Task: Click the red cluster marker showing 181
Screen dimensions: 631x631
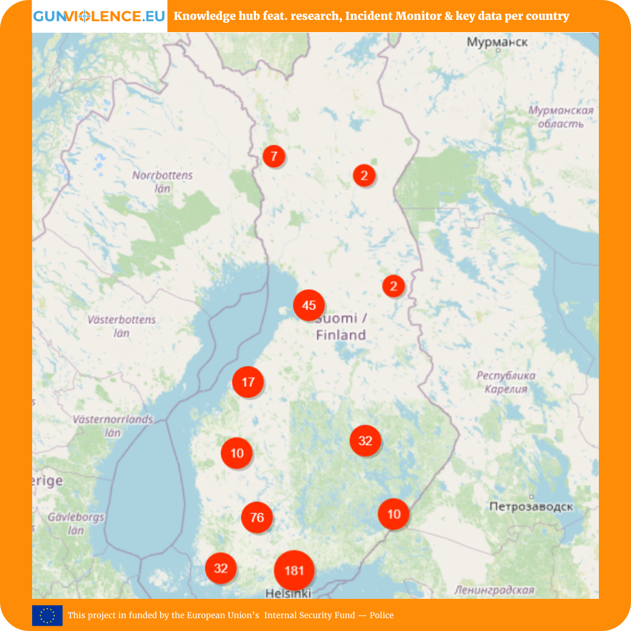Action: tap(294, 570)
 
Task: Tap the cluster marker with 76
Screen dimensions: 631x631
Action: tap(257, 517)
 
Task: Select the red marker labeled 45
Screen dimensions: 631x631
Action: tap(309, 305)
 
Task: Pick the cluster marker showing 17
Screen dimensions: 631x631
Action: tap(248, 382)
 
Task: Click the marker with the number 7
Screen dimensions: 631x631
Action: tap(274, 157)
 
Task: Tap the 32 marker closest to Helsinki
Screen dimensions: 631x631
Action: tap(221, 568)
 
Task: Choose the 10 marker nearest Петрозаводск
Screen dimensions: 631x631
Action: tap(394, 514)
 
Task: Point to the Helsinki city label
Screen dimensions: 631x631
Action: tap(288, 593)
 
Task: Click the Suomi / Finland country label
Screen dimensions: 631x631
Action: tap(341, 327)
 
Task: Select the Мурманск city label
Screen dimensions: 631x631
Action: tap(497, 42)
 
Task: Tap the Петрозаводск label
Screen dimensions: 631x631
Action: tap(531, 507)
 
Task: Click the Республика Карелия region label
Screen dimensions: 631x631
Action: tap(506, 382)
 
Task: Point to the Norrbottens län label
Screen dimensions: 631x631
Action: tap(162, 182)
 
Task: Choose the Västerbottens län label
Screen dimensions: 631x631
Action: tap(122, 326)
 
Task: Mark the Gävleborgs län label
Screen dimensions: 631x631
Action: tap(76, 523)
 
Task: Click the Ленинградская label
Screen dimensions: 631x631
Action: tap(494, 590)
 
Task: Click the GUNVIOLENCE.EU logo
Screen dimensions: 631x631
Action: tap(99, 16)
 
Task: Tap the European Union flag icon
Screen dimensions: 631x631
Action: tap(47, 615)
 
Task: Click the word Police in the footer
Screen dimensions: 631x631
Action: tap(382, 615)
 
